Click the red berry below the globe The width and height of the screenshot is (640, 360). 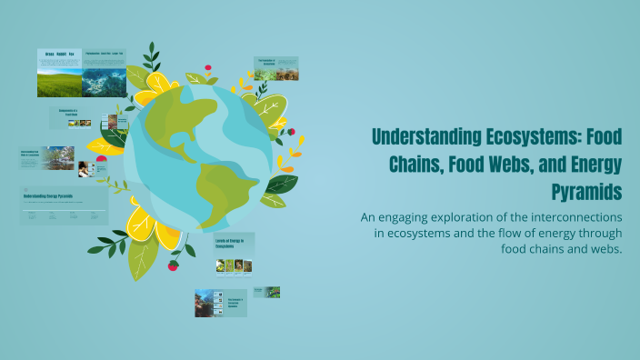174,265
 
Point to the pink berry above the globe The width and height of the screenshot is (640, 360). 208,67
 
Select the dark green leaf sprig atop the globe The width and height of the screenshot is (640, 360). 152,57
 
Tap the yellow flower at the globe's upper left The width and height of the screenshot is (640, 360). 156,86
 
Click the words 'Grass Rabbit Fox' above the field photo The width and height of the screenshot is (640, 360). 59,55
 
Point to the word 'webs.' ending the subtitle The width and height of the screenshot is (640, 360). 602,250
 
